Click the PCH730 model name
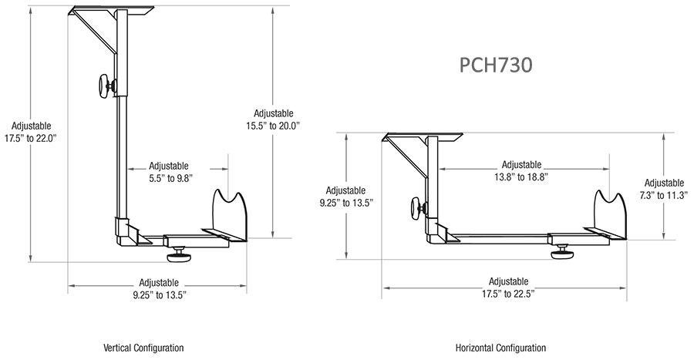(x=495, y=65)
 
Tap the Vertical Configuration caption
(x=143, y=348)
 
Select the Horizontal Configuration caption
(x=500, y=348)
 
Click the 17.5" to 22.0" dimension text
(x=31, y=139)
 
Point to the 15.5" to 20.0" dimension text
(x=273, y=126)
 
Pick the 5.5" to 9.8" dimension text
(x=170, y=178)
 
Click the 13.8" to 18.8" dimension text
(x=521, y=177)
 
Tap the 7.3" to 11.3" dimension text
(x=663, y=195)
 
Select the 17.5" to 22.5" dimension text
(x=509, y=294)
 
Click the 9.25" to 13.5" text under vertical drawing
(x=160, y=295)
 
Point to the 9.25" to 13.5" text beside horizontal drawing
(x=346, y=203)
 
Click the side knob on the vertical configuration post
(x=107, y=86)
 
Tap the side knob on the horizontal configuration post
(x=418, y=208)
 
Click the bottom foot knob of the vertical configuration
(x=179, y=255)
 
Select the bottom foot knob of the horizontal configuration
(x=563, y=252)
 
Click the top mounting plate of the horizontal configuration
(x=423, y=137)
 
